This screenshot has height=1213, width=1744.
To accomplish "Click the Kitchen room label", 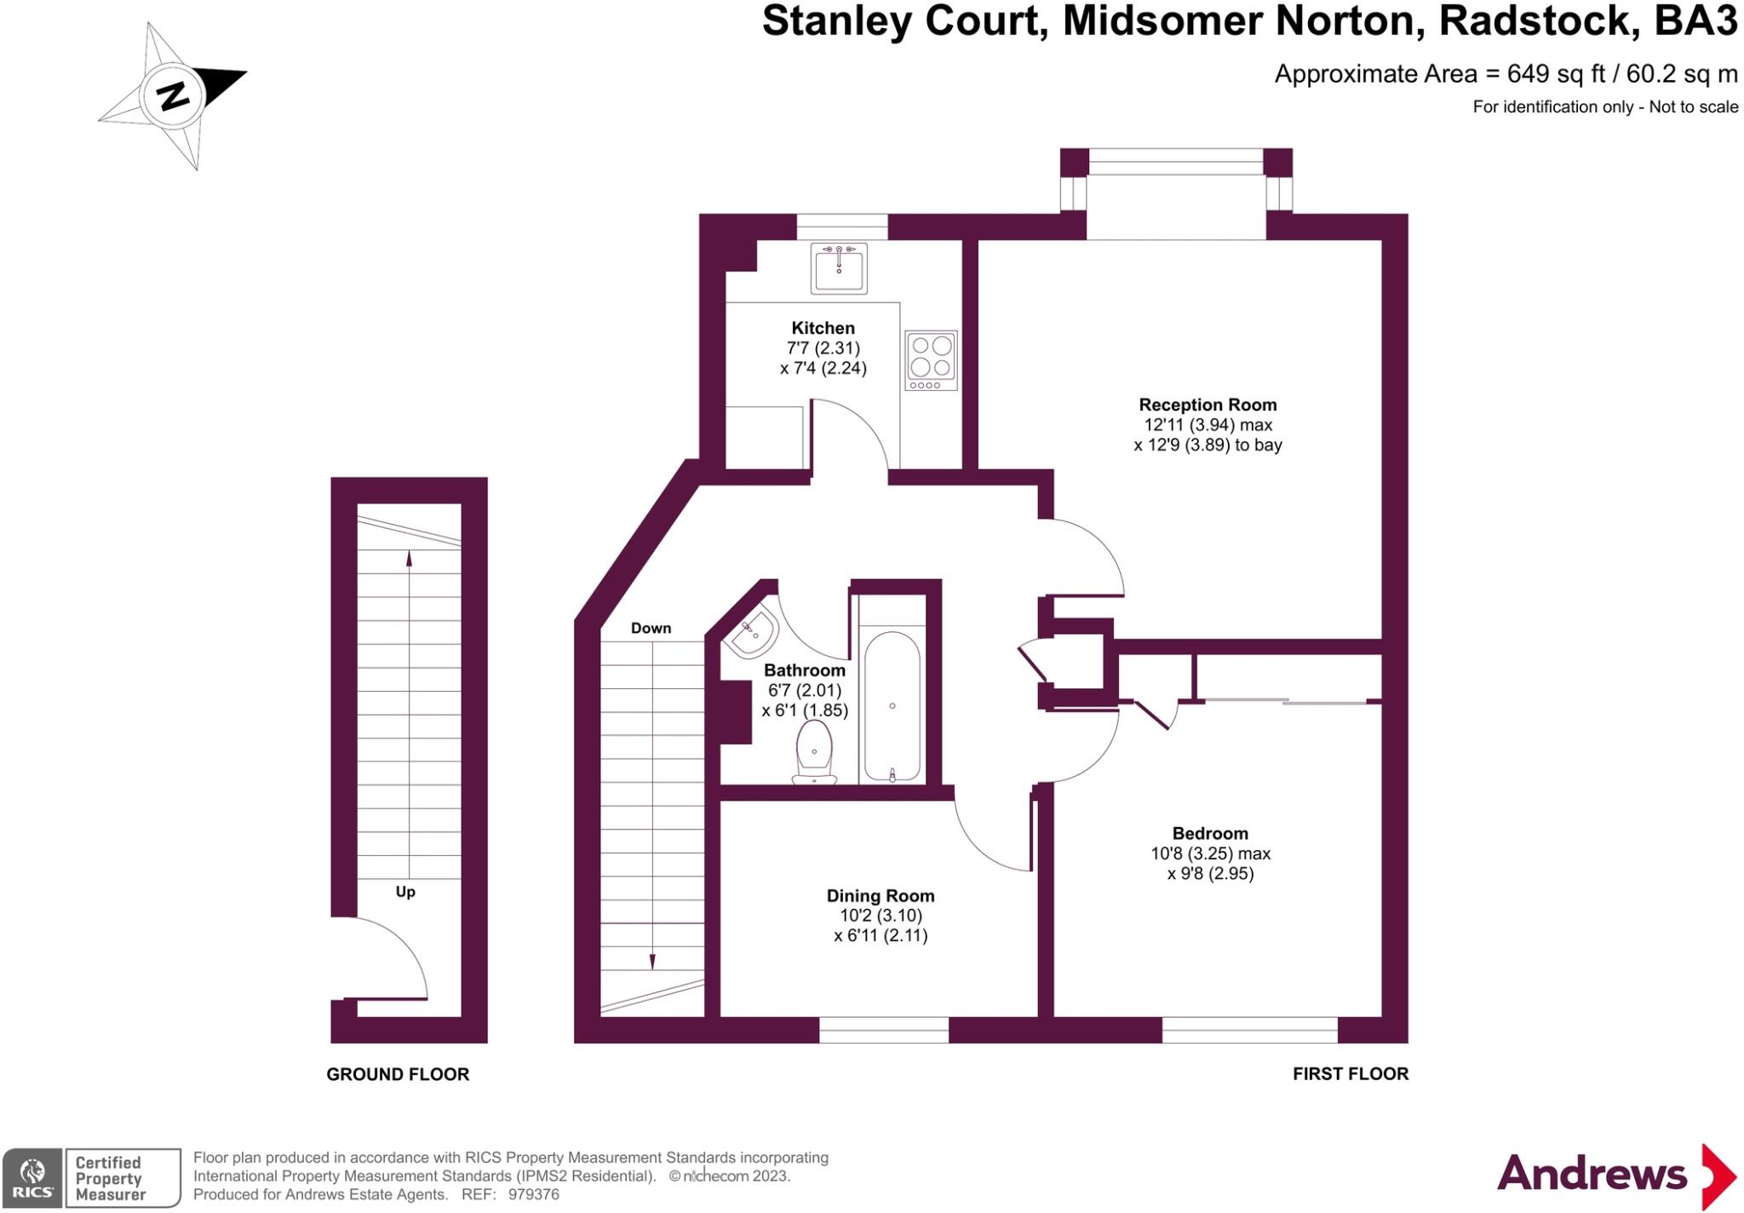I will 823,328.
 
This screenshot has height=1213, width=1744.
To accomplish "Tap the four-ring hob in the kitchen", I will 931,359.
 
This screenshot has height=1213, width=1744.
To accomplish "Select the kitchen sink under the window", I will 839,267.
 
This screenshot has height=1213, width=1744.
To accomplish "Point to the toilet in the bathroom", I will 815,752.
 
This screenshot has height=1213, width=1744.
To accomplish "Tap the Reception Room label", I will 1208,405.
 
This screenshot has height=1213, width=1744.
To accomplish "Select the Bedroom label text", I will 1209,833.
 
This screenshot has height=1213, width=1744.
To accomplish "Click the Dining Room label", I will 881,895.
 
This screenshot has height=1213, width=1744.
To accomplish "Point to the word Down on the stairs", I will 651,628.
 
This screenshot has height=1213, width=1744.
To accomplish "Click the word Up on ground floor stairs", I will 405,892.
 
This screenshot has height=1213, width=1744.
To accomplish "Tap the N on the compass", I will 174,95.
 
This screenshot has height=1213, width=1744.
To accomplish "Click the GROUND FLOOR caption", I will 398,1074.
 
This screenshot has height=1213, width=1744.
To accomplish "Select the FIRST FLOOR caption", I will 1350,1073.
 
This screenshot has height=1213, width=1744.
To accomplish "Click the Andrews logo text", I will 1592,1174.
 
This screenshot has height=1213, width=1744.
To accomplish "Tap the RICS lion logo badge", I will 32,1178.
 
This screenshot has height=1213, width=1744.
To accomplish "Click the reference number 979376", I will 533,1194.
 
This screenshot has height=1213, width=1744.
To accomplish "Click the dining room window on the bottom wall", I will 883,1030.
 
